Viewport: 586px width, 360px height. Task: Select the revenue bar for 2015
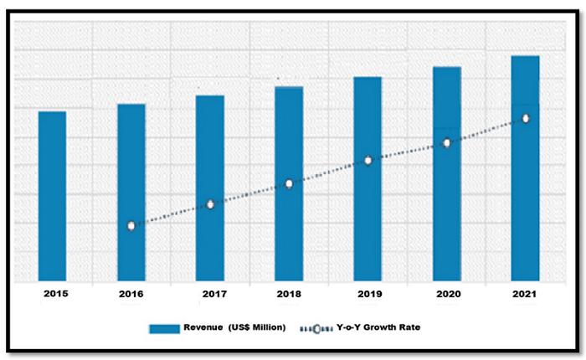point(52,196)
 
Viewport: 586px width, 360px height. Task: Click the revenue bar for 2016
point(131,193)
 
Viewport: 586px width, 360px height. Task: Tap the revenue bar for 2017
point(210,188)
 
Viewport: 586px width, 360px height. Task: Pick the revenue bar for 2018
point(289,183)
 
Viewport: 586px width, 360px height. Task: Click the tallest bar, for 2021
point(526,167)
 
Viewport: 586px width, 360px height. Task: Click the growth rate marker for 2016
point(131,226)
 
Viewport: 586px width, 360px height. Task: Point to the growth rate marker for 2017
point(210,204)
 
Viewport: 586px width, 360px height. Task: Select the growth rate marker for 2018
point(289,183)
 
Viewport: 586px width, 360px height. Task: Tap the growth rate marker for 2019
point(368,160)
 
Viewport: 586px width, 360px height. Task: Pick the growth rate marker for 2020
point(447,143)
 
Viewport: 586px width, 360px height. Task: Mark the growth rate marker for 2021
point(526,119)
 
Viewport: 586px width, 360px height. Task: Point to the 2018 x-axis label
point(289,295)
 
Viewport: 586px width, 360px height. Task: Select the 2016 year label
point(131,295)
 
